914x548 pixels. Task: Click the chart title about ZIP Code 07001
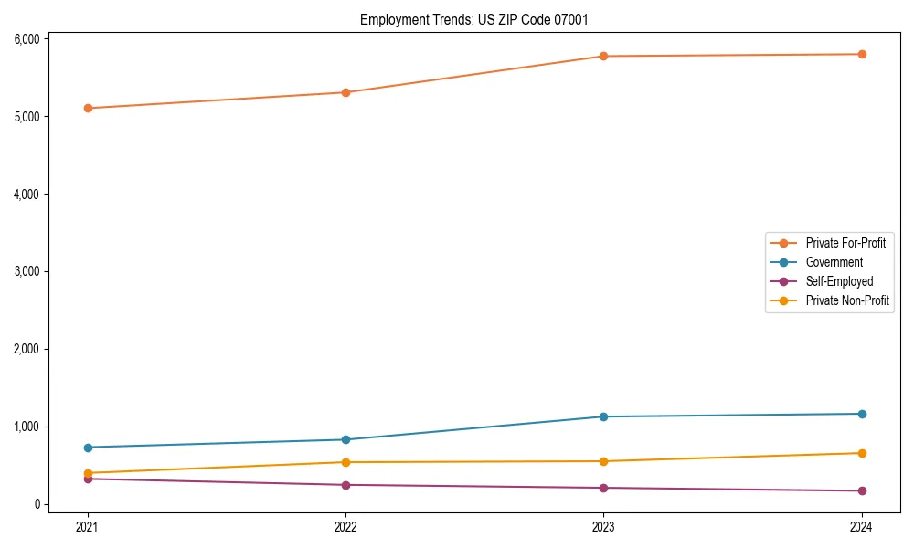click(480, 19)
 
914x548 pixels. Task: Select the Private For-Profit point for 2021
click(88, 108)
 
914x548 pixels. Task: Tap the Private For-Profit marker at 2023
click(603, 57)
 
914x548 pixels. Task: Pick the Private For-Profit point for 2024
click(862, 54)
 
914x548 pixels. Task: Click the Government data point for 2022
click(345, 439)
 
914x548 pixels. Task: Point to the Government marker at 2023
click(603, 416)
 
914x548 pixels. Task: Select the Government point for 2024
click(862, 414)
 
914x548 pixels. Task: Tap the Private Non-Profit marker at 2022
click(345, 462)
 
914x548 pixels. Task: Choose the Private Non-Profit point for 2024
click(862, 453)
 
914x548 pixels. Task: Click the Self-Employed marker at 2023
click(603, 488)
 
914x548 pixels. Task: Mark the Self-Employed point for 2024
click(862, 491)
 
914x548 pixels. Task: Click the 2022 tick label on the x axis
click(345, 526)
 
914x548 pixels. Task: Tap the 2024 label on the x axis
click(862, 526)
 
